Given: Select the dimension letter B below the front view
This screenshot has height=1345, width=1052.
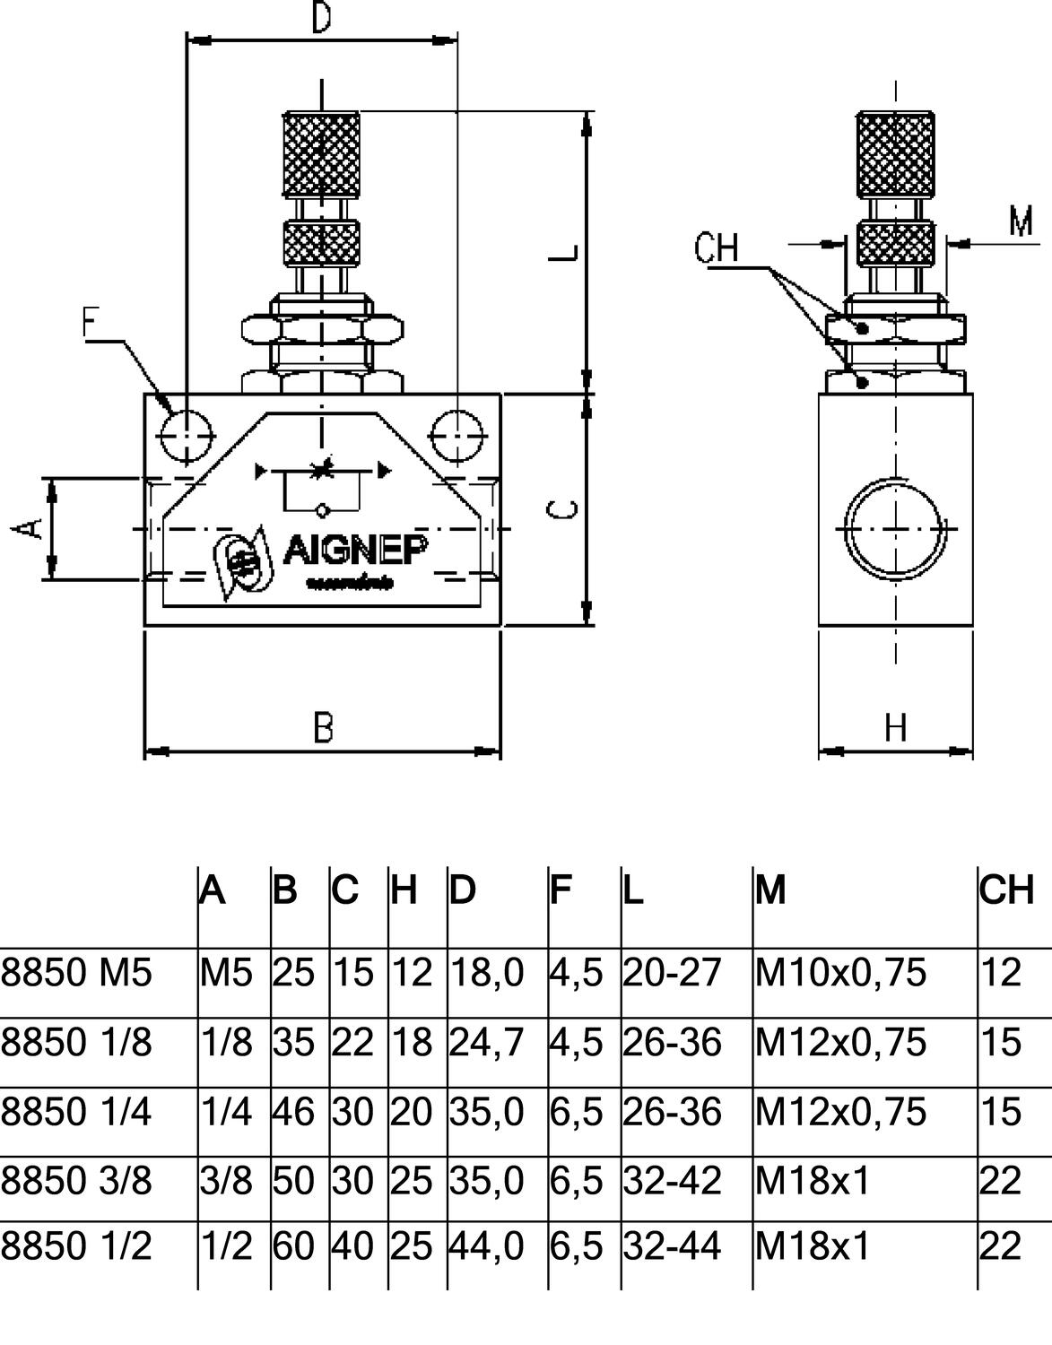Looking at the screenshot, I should coord(324,727).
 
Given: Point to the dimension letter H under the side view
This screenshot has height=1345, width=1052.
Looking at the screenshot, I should coord(896,727).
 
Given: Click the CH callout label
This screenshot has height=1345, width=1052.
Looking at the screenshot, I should coord(716,247).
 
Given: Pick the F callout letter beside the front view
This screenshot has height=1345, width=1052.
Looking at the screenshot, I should coord(91,322).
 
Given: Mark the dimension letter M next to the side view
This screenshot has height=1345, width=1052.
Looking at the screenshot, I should coord(1021,220).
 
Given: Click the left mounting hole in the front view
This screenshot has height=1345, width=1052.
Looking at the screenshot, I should coord(186,438).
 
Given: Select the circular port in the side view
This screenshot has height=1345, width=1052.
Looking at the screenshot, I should coord(895,530).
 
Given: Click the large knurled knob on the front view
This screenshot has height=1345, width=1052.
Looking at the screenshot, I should coord(322,154).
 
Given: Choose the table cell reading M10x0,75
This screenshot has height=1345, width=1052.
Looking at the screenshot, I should coord(840,973).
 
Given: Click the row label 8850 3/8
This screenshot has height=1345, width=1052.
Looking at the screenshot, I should coord(76,1181).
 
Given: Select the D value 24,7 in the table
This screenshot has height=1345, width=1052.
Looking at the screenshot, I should coord(486,1042).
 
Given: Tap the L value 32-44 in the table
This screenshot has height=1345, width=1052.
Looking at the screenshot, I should coord(672,1246).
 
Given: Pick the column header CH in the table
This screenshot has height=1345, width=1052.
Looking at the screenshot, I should coord(1006,889).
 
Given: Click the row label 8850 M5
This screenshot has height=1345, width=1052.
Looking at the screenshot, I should coord(76,973).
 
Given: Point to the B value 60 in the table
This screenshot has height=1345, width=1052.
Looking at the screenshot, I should coord(293,1246).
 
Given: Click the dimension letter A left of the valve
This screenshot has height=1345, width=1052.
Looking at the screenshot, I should coord(30,527).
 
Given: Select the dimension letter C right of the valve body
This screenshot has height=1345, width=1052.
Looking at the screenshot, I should coord(562,510).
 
